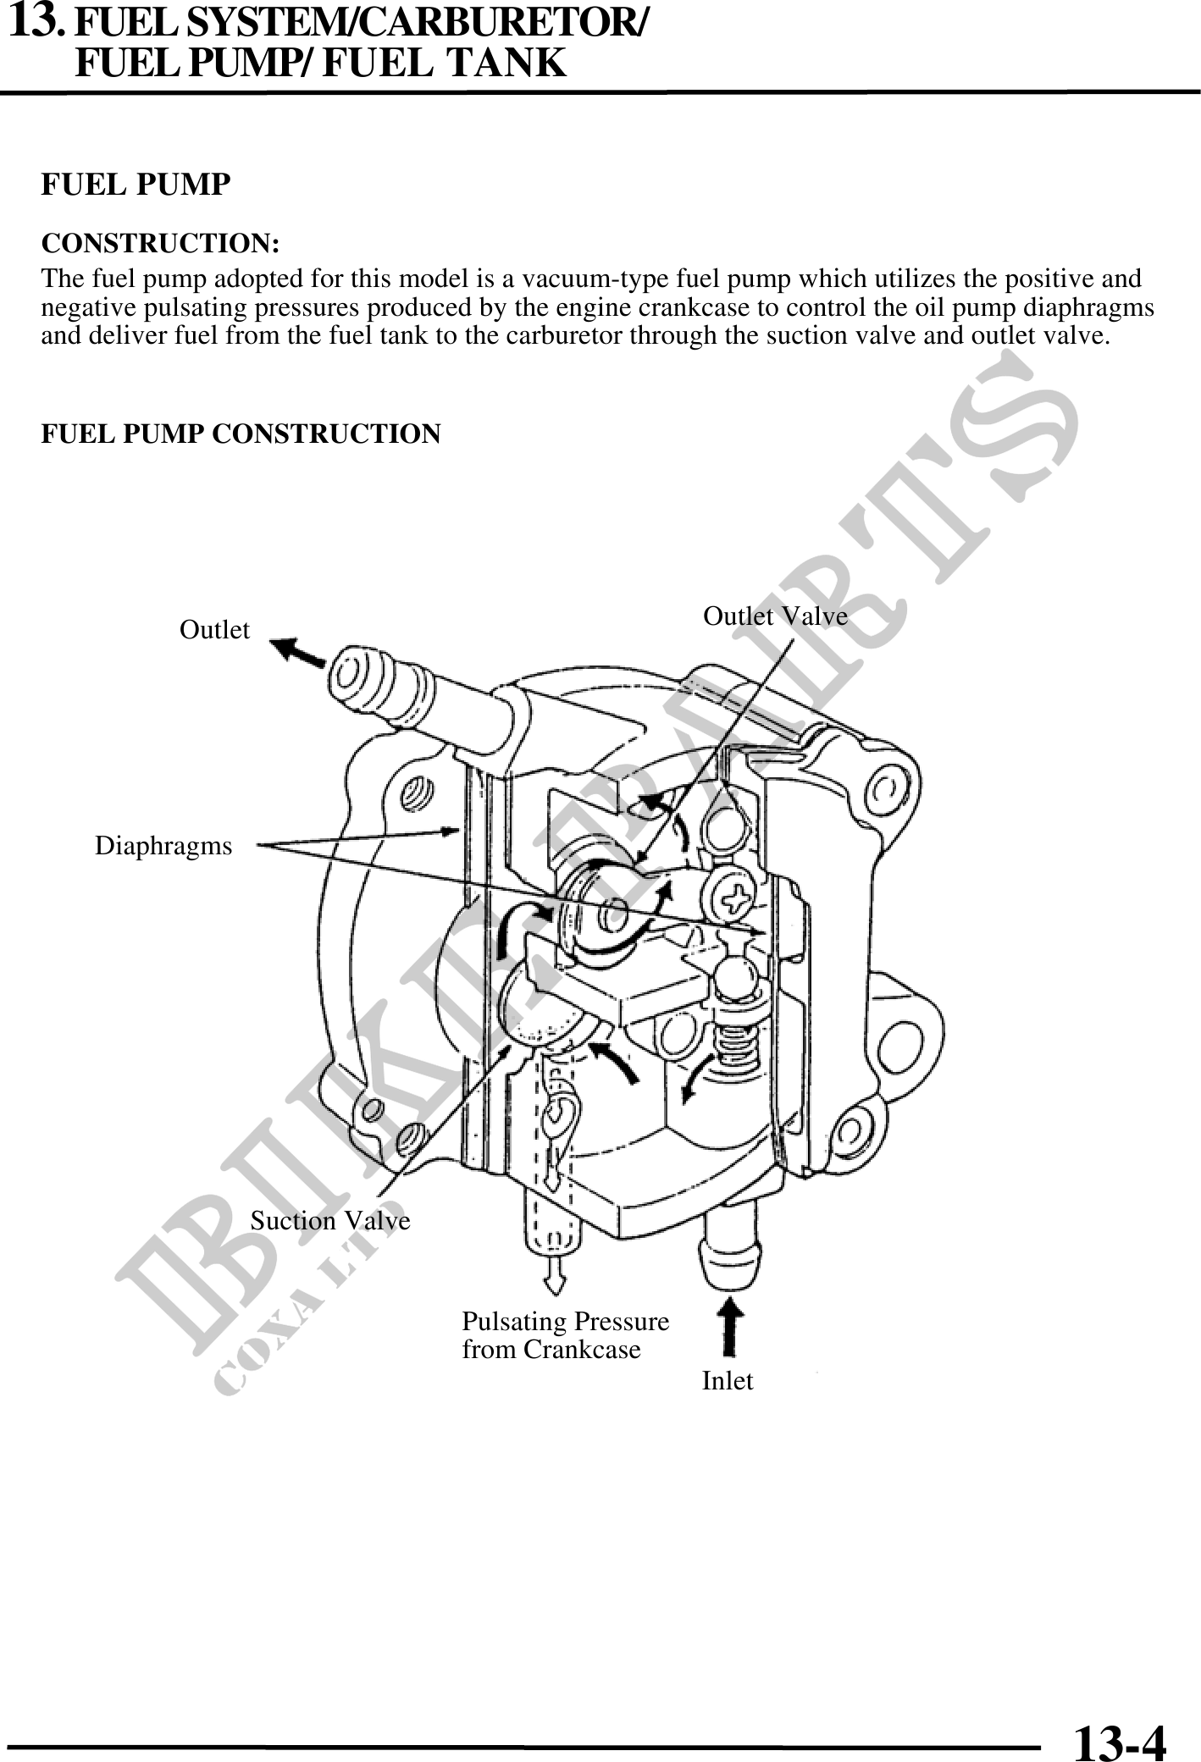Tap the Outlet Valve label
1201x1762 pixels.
pyautogui.click(x=775, y=616)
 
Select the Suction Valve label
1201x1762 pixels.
pyautogui.click(x=329, y=1220)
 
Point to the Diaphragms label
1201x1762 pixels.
pyautogui.click(x=163, y=845)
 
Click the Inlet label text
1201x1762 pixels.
pyautogui.click(x=728, y=1381)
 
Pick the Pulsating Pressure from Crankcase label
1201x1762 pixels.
pyautogui.click(x=565, y=1335)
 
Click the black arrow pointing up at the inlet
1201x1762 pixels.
pyautogui.click(x=730, y=1330)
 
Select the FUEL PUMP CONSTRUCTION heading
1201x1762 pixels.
pyautogui.click(x=241, y=434)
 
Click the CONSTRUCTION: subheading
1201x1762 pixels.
pyautogui.click(x=161, y=244)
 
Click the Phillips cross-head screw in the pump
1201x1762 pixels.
pyautogui.click(x=731, y=894)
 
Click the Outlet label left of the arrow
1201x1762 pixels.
pyautogui.click(x=214, y=630)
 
